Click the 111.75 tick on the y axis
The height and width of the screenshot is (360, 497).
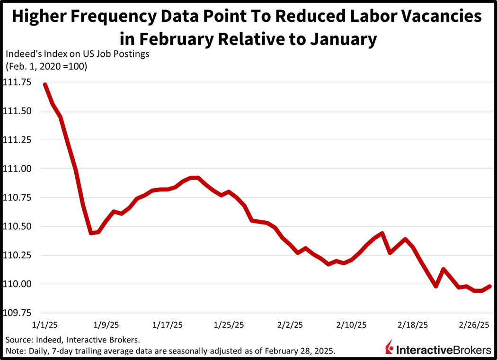17,82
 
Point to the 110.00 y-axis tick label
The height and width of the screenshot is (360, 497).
17,284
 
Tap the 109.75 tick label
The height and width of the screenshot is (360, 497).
17,313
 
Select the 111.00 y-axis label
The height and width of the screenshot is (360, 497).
17,169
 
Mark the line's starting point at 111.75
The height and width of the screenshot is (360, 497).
45,85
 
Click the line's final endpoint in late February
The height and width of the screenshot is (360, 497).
490,286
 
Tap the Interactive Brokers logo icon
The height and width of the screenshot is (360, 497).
389,349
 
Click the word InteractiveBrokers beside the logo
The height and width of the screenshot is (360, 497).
444,350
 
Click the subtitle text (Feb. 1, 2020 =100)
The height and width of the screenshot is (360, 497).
46,66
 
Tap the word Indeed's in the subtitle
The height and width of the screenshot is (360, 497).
22,54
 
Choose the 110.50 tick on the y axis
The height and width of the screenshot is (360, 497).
17,226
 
